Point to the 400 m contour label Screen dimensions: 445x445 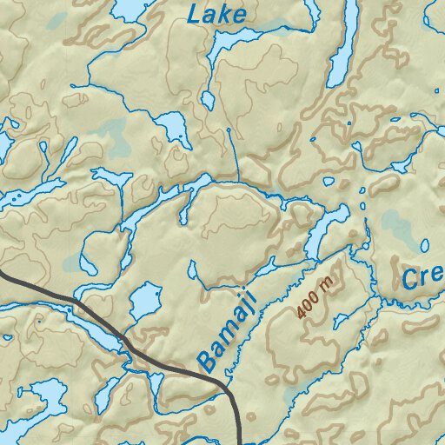(x=314, y=297)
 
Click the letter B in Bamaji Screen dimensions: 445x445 (x=208, y=359)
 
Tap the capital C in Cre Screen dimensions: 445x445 (x=410, y=279)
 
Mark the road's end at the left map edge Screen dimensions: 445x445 (x=2, y=276)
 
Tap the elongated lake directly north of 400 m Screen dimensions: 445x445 (x=321, y=233)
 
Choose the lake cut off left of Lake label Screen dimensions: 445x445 (x=127, y=9)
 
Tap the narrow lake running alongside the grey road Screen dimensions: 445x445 (x=83, y=322)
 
